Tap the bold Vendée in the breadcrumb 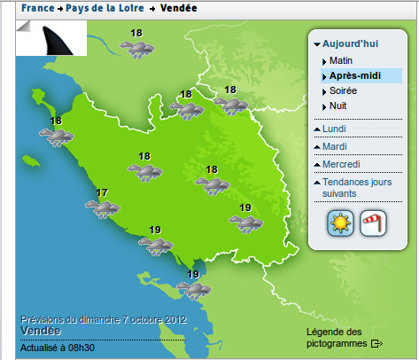pos(179,8)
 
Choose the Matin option pos(340,61)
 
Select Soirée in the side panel pos(343,91)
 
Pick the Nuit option pos(338,106)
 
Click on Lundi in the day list pos(335,129)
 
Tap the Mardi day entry pos(335,146)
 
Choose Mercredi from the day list pos(341,164)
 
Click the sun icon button pos(339,223)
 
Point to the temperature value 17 pos(102,192)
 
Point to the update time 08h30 pos(81,347)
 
